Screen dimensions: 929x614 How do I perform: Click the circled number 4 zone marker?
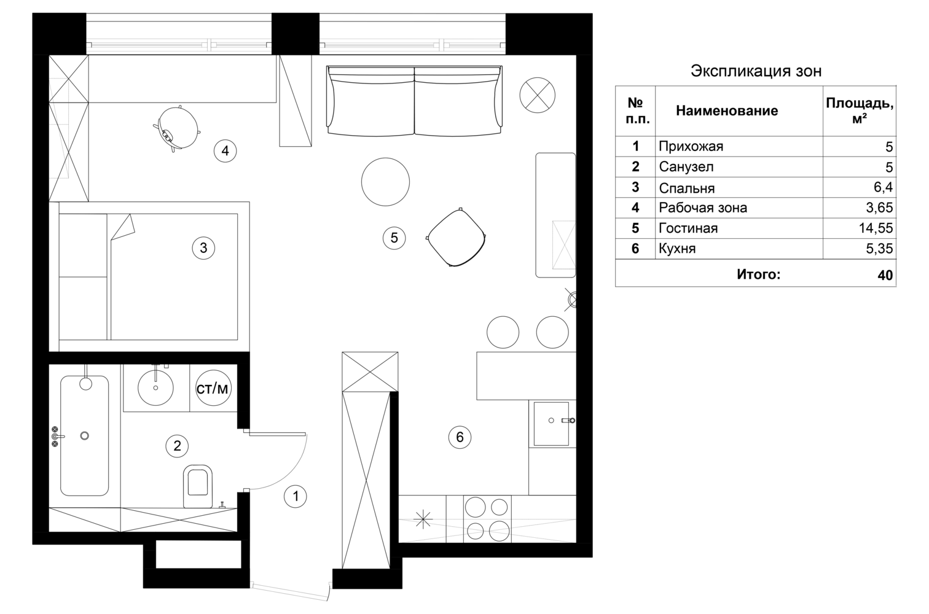pyautogui.click(x=225, y=151)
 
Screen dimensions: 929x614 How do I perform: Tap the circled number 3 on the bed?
pyautogui.click(x=203, y=248)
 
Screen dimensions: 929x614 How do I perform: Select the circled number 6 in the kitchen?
pyautogui.click(x=460, y=437)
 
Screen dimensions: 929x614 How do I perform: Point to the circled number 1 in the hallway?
pyautogui.click(x=296, y=496)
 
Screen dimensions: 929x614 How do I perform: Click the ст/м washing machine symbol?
pyautogui.click(x=213, y=388)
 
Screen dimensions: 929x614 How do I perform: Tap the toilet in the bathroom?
pyautogui.click(x=197, y=486)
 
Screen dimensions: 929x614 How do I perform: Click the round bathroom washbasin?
pyautogui.click(x=155, y=387)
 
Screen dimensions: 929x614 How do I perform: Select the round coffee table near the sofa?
pyautogui.click(x=385, y=182)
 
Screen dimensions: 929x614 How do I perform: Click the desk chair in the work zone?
pyautogui.click(x=177, y=128)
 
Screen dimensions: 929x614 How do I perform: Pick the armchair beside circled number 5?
pyautogui.click(x=456, y=237)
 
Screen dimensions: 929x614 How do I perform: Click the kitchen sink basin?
pyautogui.click(x=551, y=423)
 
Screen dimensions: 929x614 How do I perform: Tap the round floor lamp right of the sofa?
pyautogui.click(x=537, y=95)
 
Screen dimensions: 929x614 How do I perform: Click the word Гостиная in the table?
pyautogui.click(x=688, y=228)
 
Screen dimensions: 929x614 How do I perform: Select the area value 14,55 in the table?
pyautogui.click(x=876, y=228)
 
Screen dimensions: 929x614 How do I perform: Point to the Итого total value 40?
pyautogui.click(x=885, y=275)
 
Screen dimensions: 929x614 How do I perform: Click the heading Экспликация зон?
pyautogui.click(x=756, y=71)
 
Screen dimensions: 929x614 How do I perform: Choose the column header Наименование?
pyautogui.click(x=727, y=111)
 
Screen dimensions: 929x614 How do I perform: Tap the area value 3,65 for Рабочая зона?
pyautogui.click(x=879, y=208)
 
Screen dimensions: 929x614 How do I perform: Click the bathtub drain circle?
pyautogui.click(x=85, y=436)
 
